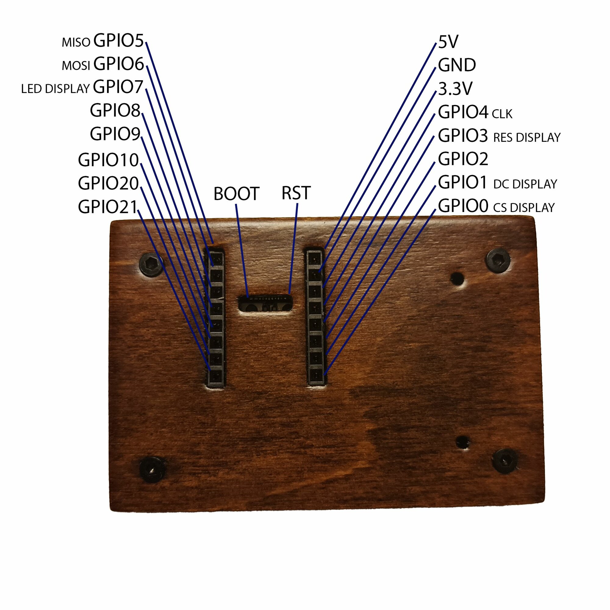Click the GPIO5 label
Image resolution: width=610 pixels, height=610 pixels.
(x=118, y=41)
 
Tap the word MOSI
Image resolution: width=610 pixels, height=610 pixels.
(x=76, y=66)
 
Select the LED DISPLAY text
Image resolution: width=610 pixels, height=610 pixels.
(x=55, y=89)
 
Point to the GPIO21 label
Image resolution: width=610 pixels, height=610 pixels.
(x=108, y=207)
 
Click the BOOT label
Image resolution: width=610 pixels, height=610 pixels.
(x=236, y=194)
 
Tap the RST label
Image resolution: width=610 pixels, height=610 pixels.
(x=296, y=193)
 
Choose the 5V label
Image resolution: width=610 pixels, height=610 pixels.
(x=448, y=42)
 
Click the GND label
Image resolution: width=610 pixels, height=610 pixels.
(x=457, y=65)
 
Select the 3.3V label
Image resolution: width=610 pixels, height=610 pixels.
(x=455, y=89)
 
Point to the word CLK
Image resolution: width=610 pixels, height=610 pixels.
(x=502, y=114)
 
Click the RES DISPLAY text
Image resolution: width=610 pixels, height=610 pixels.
(x=527, y=137)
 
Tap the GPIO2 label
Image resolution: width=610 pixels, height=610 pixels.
(x=463, y=159)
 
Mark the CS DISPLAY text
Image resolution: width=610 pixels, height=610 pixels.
(x=524, y=207)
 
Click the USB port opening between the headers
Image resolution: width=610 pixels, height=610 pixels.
(x=265, y=304)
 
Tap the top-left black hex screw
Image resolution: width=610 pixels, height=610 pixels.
(x=151, y=264)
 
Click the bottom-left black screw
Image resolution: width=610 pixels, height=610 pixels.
(x=152, y=469)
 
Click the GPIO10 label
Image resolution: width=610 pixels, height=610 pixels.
(x=108, y=160)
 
